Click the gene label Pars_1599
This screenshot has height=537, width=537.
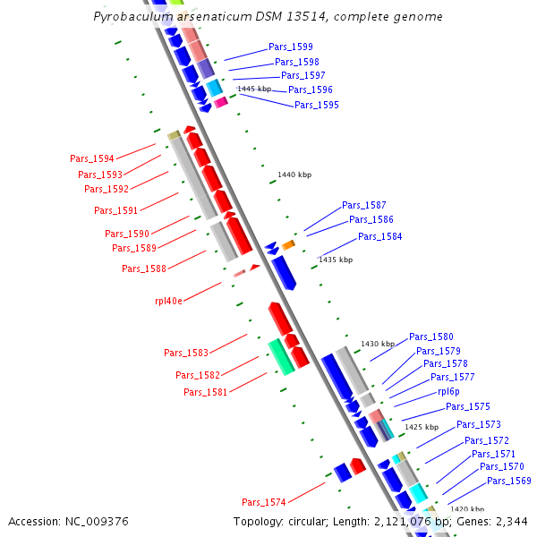(x=291, y=47)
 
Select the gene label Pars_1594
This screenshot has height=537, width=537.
(x=92, y=158)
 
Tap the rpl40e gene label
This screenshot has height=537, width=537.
(x=168, y=301)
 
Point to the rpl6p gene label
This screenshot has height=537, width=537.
(x=449, y=392)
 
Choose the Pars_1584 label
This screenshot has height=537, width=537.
(x=379, y=236)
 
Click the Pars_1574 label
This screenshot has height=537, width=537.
(x=263, y=501)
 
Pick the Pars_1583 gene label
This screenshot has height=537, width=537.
(x=186, y=353)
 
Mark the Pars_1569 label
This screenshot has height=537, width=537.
(x=509, y=481)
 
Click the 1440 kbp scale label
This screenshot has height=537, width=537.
(x=294, y=175)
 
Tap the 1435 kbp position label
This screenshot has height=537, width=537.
(x=336, y=260)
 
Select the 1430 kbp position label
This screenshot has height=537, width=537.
(x=378, y=344)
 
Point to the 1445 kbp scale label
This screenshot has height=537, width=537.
(x=253, y=89)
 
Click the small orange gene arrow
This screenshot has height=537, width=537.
(x=288, y=244)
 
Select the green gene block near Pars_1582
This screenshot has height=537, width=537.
(x=280, y=355)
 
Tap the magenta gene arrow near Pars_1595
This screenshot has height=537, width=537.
(x=220, y=102)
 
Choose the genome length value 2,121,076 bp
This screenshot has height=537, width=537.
(x=397, y=521)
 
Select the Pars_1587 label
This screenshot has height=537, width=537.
(x=364, y=205)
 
